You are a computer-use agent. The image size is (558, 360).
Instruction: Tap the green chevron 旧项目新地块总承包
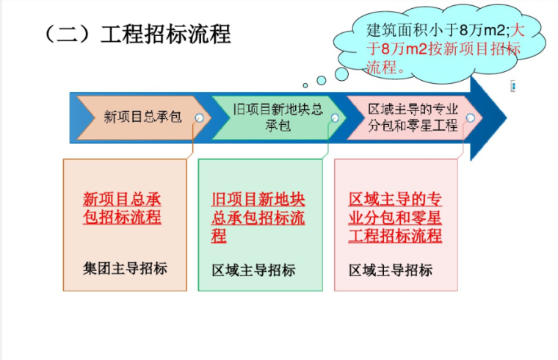[x=278, y=118]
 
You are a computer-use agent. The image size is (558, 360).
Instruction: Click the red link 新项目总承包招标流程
[x=122, y=209]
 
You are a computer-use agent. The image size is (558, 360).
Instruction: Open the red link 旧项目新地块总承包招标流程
[x=258, y=218]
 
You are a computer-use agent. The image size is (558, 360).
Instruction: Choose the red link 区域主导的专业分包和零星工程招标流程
[x=395, y=218]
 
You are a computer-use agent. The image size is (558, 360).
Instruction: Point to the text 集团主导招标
[x=125, y=268]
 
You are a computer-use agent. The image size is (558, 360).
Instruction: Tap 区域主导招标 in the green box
[x=253, y=270]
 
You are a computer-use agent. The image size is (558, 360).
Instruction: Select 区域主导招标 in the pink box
[x=391, y=270]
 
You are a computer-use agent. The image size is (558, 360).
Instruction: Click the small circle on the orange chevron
[x=199, y=118]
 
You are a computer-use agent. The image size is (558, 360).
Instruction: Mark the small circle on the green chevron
[x=335, y=118]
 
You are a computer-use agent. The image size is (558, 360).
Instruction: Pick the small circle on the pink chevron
[x=470, y=118]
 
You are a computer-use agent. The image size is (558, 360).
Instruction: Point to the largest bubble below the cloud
[x=341, y=74]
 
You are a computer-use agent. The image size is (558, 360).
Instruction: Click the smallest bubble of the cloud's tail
[x=305, y=86]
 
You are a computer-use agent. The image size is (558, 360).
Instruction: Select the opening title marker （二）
[x=68, y=34]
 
